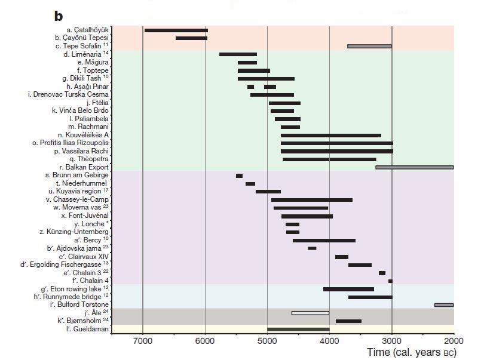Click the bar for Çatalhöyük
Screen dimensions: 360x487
(176, 30)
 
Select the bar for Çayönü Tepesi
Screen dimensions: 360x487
(191, 38)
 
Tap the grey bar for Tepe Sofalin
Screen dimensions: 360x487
(369, 46)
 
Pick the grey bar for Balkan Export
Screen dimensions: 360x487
(414, 167)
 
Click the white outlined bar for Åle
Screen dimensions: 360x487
(310, 313)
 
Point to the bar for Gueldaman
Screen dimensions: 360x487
(298, 329)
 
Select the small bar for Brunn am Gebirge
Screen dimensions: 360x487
(239, 176)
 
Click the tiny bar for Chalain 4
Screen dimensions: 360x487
(390, 281)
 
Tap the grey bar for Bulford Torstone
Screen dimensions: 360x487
(444, 305)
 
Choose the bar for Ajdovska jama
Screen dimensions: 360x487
(312, 248)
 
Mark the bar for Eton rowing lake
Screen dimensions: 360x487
(348, 289)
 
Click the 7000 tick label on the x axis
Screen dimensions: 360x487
(143, 341)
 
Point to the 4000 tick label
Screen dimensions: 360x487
(329, 341)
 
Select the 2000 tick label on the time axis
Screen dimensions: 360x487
(454, 341)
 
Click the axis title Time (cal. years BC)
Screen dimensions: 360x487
(411, 353)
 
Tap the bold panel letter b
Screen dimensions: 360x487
(59, 14)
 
